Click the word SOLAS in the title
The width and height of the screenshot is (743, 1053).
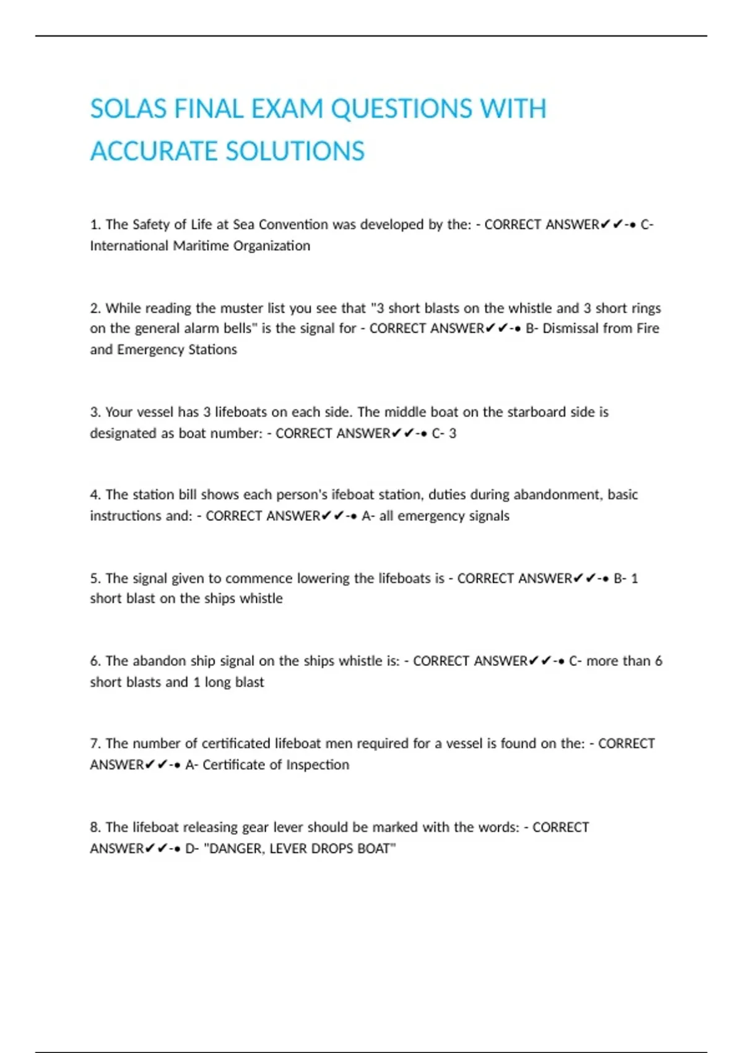click(x=128, y=110)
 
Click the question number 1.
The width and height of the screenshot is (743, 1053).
click(x=95, y=224)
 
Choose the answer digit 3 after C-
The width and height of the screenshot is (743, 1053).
click(x=453, y=434)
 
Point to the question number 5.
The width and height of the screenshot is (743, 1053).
click(x=95, y=579)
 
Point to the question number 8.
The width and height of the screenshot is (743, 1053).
click(x=95, y=828)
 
